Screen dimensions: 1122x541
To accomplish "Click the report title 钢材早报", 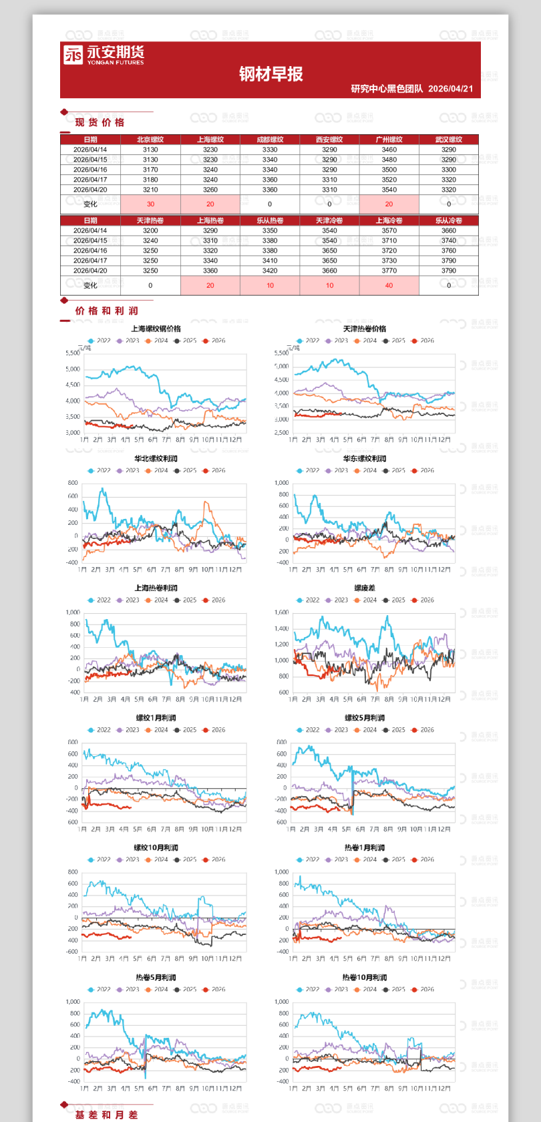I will (x=270, y=74).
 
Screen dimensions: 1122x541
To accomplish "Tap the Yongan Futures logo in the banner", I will (x=104, y=55).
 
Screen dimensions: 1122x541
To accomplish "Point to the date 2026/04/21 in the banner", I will (x=450, y=89).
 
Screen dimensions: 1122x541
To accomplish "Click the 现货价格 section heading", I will (x=100, y=122).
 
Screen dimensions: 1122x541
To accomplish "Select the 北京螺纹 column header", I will (x=150, y=140).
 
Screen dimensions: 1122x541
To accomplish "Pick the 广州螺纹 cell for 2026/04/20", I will (x=389, y=190).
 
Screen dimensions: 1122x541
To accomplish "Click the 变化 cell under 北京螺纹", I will (x=150, y=204).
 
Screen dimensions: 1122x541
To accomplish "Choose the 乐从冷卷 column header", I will (x=448, y=220).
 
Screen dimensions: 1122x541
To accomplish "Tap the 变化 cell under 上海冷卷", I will (x=389, y=285).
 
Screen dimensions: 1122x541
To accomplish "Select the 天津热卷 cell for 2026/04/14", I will (x=150, y=230).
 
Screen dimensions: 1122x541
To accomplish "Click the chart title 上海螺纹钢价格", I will (x=156, y=329).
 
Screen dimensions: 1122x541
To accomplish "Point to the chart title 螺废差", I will (x=365, y=588).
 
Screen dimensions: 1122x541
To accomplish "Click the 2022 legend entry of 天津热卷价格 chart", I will (x=308, y=341).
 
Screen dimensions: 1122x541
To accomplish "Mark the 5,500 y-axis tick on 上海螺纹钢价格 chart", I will (x=72, y=353).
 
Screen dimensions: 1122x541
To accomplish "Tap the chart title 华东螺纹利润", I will (x=365, y=459).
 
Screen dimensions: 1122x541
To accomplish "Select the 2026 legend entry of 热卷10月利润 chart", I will (x=423, y=990).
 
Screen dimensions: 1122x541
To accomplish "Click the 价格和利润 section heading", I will (x=106, y=311).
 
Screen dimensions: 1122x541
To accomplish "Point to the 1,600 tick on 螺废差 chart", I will (x=281, y=612).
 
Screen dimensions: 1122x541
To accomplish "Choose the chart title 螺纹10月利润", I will (x=156, y=848).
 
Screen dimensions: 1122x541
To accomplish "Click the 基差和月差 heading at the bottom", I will (x=106, y=1115).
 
